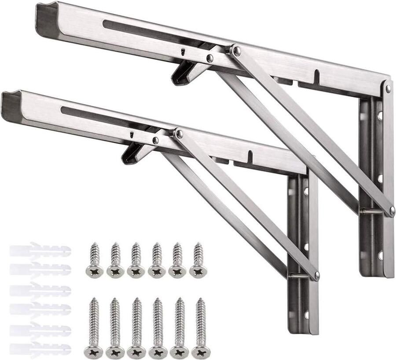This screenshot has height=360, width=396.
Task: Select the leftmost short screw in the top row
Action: point(94,260)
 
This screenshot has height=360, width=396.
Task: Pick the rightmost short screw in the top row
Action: point(198,260)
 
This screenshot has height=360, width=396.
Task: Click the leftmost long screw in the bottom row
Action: point(94,328)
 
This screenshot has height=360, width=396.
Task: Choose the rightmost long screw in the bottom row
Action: point(201,328)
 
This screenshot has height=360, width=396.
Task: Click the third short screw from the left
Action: point(136,260)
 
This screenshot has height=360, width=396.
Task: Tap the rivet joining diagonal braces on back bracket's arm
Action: point(237,51)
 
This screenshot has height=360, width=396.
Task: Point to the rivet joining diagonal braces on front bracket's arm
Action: point(179,134)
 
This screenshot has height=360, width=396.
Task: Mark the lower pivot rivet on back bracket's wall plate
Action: point(391,211)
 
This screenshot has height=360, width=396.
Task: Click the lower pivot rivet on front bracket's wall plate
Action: point(316,276)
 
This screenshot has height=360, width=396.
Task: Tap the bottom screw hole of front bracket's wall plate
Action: point(307,315)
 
